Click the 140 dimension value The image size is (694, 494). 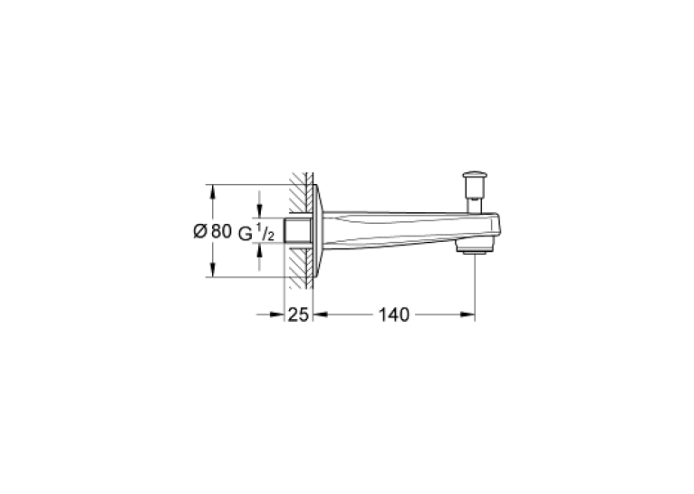tap(393, 315)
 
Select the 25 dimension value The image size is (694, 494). tap(298, 315)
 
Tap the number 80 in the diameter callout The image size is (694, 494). tap(221, 231)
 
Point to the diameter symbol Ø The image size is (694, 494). tap(200, 231)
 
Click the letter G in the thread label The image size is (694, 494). tap(246, 234)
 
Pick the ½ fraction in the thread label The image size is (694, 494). tap(265, 233)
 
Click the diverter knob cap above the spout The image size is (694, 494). tap(474, 176)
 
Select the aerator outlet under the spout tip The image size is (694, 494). tap(475, 251)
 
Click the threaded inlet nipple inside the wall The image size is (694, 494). tap(298, 230)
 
